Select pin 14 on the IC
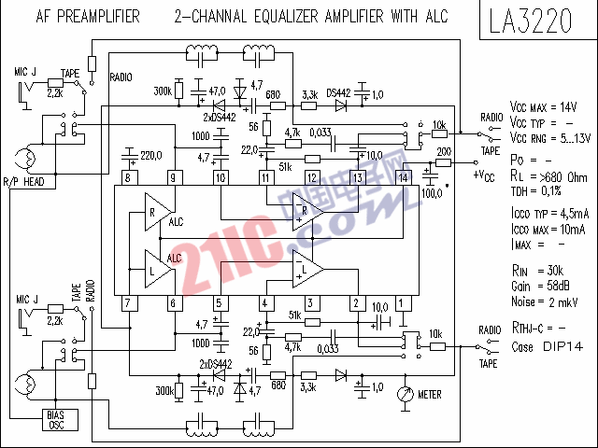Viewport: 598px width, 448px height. pyautogui.click(x=404, y=177)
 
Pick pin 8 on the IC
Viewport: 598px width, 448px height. pyautogui.click(x=127, y=177)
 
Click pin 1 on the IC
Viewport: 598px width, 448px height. pyautogui.click(x=403, y=302)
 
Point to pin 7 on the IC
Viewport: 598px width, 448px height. pyautogui.click(x=127, y=302)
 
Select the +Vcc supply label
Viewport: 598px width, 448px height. pyautogui.click(x=484, y=175)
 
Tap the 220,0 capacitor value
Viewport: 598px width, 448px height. pyautogui.click(x=151, y=154)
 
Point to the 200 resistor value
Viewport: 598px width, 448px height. pyautogui.click(x=444, y=151)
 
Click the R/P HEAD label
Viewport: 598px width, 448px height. pyautogui.click(x=23, y=181)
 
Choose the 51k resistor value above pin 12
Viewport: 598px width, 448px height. pyautogui.click(x=285, y=166)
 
